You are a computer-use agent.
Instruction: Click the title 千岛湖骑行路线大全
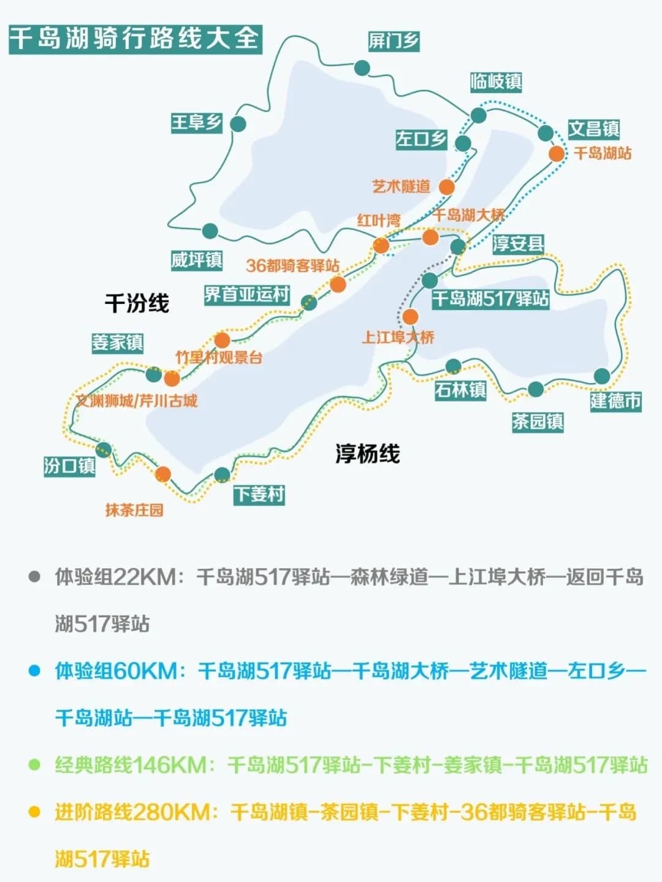tap(135, 39)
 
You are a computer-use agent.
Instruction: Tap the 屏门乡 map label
tap(394, 41)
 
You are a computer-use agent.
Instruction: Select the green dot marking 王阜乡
tap(238, 124)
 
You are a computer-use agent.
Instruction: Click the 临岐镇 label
tap(496, 81)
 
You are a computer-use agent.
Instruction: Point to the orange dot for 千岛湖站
tap(556, 153)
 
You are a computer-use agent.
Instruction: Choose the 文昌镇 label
tap(593, 129)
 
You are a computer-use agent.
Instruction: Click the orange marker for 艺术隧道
tap(447, 187)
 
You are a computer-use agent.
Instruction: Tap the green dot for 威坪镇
tap(210, 231)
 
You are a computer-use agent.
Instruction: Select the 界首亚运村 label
tap(247, 294)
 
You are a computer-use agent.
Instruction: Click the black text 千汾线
tap(137, 303)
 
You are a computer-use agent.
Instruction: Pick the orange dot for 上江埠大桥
tap(410, 317)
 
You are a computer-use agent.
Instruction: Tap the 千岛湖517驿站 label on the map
tap(490, 298)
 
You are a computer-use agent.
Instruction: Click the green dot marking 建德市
tap(602, 376)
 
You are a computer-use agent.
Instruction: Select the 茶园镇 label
tap(538, 422)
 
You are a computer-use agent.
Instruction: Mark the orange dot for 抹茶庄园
tap(163, 474)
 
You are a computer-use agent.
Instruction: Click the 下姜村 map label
tap(259, 494)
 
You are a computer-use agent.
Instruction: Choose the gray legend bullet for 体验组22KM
tap(34, 577)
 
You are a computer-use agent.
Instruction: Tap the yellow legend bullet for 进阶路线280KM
tap(34, 812)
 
